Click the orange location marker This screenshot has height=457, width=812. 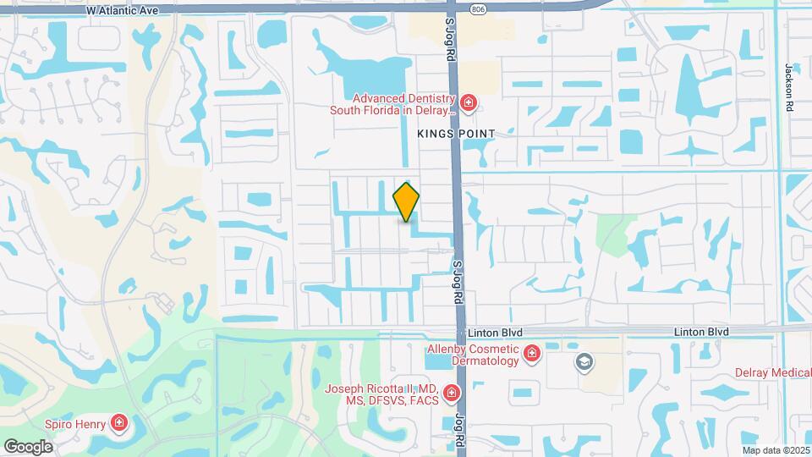406,201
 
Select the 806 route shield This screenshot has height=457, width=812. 479,9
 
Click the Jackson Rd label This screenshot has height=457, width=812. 790,87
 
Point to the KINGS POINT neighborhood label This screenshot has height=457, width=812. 455,134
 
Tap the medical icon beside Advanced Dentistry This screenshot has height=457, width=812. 469,104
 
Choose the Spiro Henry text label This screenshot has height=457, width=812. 77,423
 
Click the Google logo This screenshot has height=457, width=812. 29,446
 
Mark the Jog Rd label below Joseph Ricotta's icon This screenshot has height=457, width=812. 461,427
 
